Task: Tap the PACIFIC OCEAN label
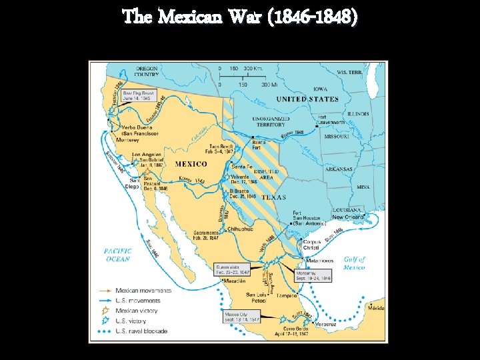pyautogui.click(x=117, y=254)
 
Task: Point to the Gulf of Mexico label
pyautogui.click(x=353, y=263)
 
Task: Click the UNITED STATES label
pyautogui.click(x=307, y=99)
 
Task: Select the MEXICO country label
pyautogui.click(x=191, y=163)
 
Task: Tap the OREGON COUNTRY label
pyautogui.click(x=147, y=71)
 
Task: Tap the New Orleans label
pyautogui.click(x=348, y=217)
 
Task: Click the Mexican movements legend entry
pyautogui.click(x=143, y=291)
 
